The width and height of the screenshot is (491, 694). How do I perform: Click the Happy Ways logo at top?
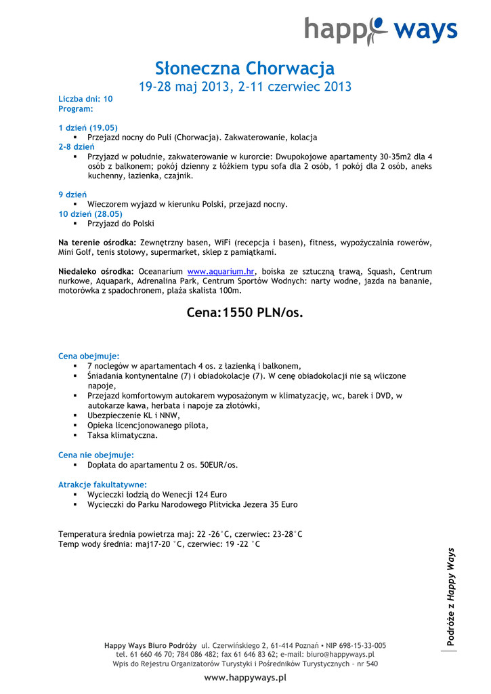pyautogui.click(x=381, y=30)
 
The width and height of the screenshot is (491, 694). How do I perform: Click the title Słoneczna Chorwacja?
pyautogui.click(x=245, y=68)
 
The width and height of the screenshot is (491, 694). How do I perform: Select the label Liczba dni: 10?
pyautogui.click(x=85, y=99)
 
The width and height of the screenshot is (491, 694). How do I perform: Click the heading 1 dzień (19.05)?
pyautogui.click(x=88, y=127)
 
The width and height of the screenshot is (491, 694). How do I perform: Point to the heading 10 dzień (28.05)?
pyautogui.click(x=90, y=213)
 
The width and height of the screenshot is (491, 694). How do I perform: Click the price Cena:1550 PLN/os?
pyautogui.click(x=245, y=312)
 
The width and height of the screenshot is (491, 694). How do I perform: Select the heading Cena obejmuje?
pyautogui.click(x=89, y=356)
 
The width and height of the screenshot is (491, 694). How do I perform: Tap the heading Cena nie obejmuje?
pyautogui.click(x=96, y=455)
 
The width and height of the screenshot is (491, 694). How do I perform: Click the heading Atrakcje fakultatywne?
pyautogui.click(x=102, y=485)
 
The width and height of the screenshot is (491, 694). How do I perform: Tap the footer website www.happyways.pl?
pyautogui.click(x=245, y=678)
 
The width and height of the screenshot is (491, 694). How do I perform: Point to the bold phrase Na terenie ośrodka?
pyautogui.click(x=98, y=243)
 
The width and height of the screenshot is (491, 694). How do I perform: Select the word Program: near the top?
pyautogui.click(x=75, y=108)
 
